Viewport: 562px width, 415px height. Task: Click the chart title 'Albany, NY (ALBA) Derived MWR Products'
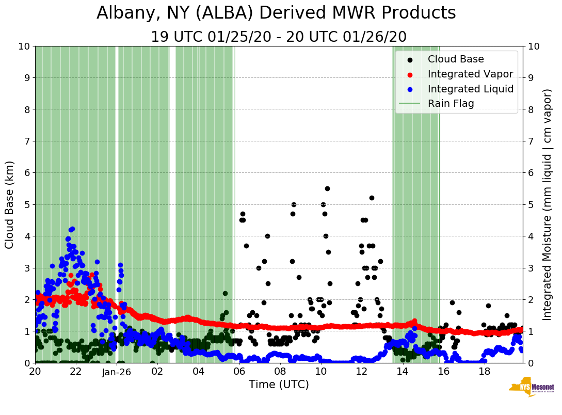[276, 13]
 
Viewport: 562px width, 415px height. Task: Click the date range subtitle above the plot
[279, 37]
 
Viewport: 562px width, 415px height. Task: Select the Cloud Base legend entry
[456, 59]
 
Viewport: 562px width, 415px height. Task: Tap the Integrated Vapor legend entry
[470, 74]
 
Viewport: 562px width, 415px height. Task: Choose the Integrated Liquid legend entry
[470, 89]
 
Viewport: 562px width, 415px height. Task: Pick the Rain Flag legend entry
[451, 103]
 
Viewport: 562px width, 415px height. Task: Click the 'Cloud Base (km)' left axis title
[10, 204]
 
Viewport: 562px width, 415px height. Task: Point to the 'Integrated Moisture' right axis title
[548, 204]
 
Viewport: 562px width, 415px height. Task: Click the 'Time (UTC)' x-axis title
[279, 385]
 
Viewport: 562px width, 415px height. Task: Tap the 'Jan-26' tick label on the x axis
[117, 372]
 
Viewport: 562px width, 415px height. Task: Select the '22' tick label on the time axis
[76, 372]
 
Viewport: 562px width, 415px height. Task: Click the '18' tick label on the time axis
[484, 372]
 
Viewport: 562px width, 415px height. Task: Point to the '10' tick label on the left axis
[24, 46]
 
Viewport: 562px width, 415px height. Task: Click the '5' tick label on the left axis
[26, 204]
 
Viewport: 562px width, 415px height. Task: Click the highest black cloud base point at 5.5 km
[327, 188]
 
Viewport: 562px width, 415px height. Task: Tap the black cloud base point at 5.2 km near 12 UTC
[372, 198]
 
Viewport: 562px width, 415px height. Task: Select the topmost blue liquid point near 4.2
[72, 229]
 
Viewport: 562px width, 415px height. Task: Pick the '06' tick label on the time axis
[239, 372]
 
